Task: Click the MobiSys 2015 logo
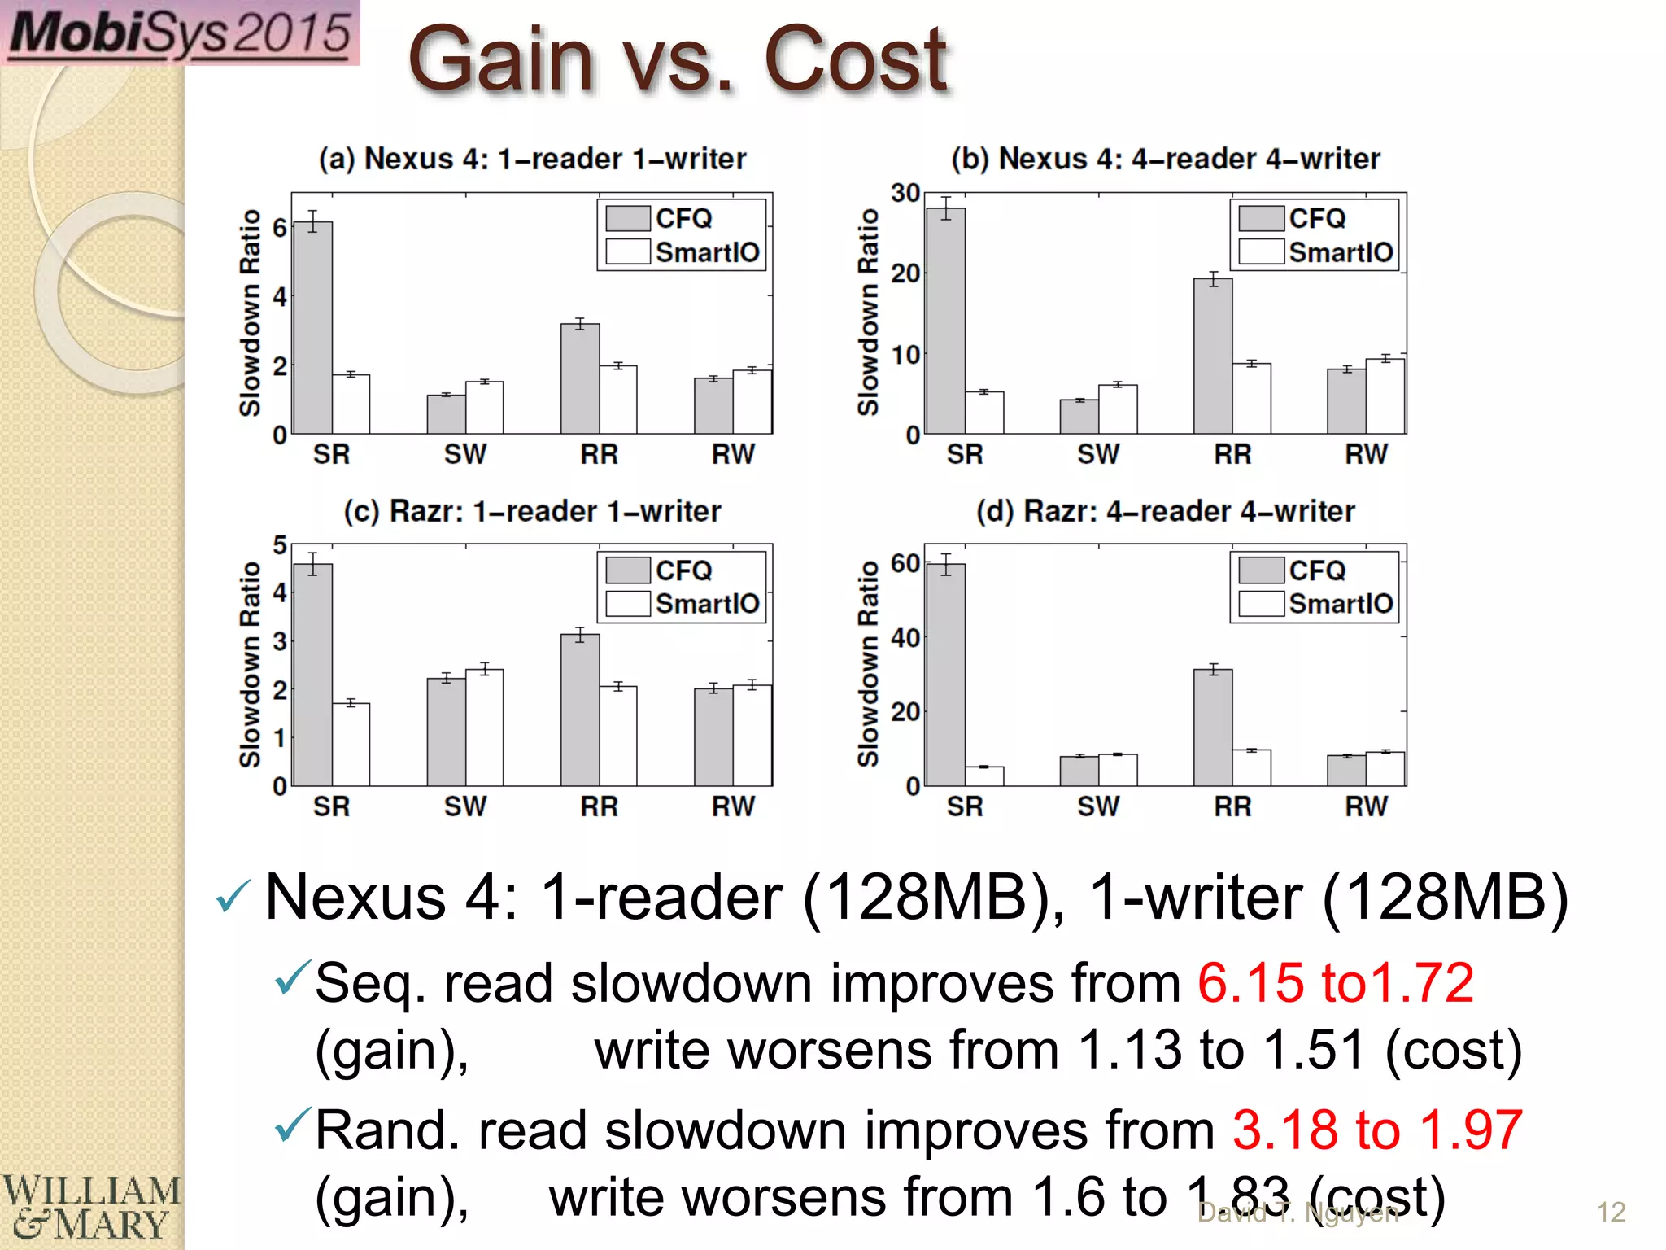click(180, 33)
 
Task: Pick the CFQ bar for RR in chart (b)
click(1213, 356)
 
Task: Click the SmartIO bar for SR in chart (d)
click(984, 776)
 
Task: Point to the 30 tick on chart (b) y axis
click(905, 194)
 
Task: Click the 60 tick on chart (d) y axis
click(905, 563)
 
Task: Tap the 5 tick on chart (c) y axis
click(280, 545)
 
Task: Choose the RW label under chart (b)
click(1366, 454)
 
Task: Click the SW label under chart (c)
click(465, 806)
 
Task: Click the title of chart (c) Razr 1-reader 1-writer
click(532, 512)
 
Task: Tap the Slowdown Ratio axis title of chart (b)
click(868, 312)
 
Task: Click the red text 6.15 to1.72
click(1335, 983)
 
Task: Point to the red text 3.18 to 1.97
click(1377, 1130)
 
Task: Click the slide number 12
click(1611, 1213)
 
